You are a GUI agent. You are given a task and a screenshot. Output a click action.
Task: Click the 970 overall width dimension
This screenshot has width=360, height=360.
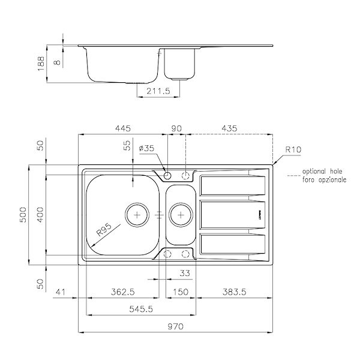[175, 326]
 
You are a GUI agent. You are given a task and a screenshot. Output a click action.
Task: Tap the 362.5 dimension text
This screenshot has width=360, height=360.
[122, 292]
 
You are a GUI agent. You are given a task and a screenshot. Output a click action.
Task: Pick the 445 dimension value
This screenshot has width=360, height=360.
[122, 128]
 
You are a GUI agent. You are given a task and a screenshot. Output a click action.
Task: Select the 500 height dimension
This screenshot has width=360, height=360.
[23, 215]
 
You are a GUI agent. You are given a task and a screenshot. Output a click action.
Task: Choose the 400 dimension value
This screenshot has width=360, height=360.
[40, 215]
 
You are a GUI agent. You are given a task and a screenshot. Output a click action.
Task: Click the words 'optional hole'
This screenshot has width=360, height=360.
[323, 170]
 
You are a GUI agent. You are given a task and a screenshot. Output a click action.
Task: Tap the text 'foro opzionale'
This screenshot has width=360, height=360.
[324, 179]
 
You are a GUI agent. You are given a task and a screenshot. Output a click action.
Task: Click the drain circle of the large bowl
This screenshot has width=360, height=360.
[137, 214]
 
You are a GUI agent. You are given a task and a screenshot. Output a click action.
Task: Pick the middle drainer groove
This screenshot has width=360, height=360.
[232, 214]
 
